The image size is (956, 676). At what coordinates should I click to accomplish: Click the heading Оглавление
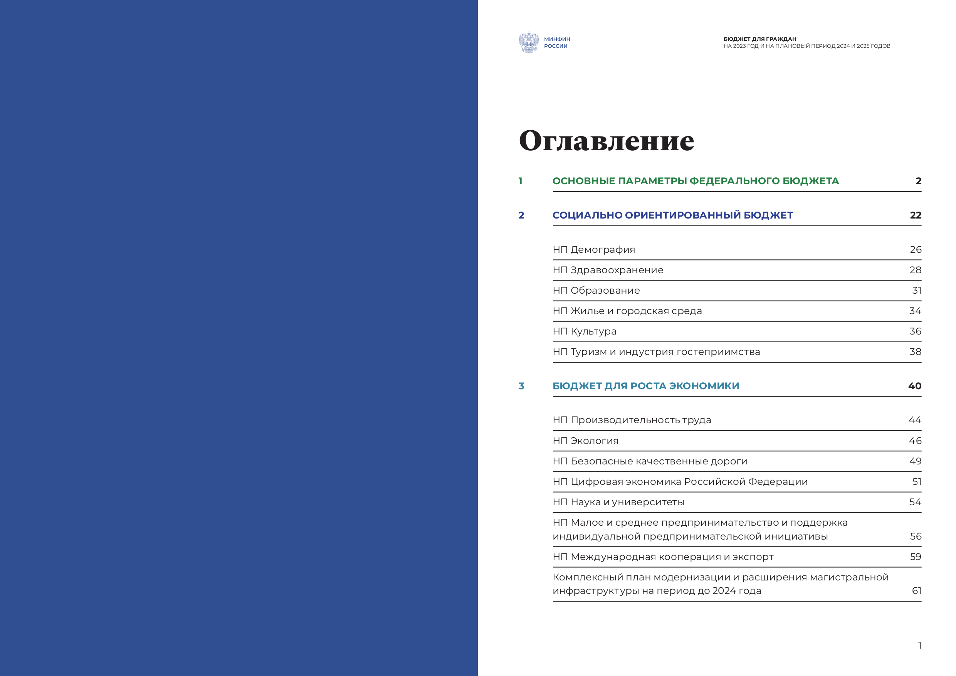pos(606,141)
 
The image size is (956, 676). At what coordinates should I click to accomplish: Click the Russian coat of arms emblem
pos(529,42)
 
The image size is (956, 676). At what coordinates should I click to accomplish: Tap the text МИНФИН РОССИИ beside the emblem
pos(557,42)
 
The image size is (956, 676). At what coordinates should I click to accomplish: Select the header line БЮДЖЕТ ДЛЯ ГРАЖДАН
pos(759,39)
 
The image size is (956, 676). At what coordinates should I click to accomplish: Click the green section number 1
pos(521,181)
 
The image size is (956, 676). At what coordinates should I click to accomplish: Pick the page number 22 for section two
pos(915,215)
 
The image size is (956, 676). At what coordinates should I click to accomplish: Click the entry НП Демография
pos(594,249)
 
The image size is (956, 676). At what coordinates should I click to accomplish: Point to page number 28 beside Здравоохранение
pos(915,270)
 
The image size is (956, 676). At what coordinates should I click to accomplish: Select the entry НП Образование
pos(596,290)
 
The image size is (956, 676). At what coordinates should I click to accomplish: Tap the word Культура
pos(593,331)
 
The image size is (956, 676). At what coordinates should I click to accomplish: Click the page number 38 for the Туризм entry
pos(915,352)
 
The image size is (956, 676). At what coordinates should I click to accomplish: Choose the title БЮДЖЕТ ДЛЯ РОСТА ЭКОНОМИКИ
pos(646,386)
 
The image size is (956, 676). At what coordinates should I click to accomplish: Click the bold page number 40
pos(914,386)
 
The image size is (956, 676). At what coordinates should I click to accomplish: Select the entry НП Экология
pos(585,441)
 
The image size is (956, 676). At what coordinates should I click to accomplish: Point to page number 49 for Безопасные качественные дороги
pos(915,461)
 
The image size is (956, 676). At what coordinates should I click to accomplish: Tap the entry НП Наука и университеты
pos(618,502)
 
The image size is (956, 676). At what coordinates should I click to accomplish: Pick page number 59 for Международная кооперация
pos(915,557)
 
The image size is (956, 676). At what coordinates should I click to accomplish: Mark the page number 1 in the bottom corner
pos(919,645)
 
